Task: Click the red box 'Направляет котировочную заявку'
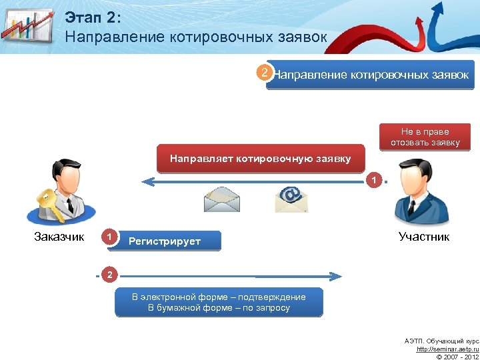click(x=260, y=159)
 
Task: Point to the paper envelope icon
click(x=221, y=197)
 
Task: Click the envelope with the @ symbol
click(x=291, y=197)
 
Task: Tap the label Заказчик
click(x=59, y=236)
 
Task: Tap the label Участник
click(x=423, y=236)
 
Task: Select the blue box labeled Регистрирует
click(x=170, y=241)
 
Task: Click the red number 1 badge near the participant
click(x=375, y=180)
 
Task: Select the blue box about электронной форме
click(x=219, y=302)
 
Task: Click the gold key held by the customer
click(x=50, y=203)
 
